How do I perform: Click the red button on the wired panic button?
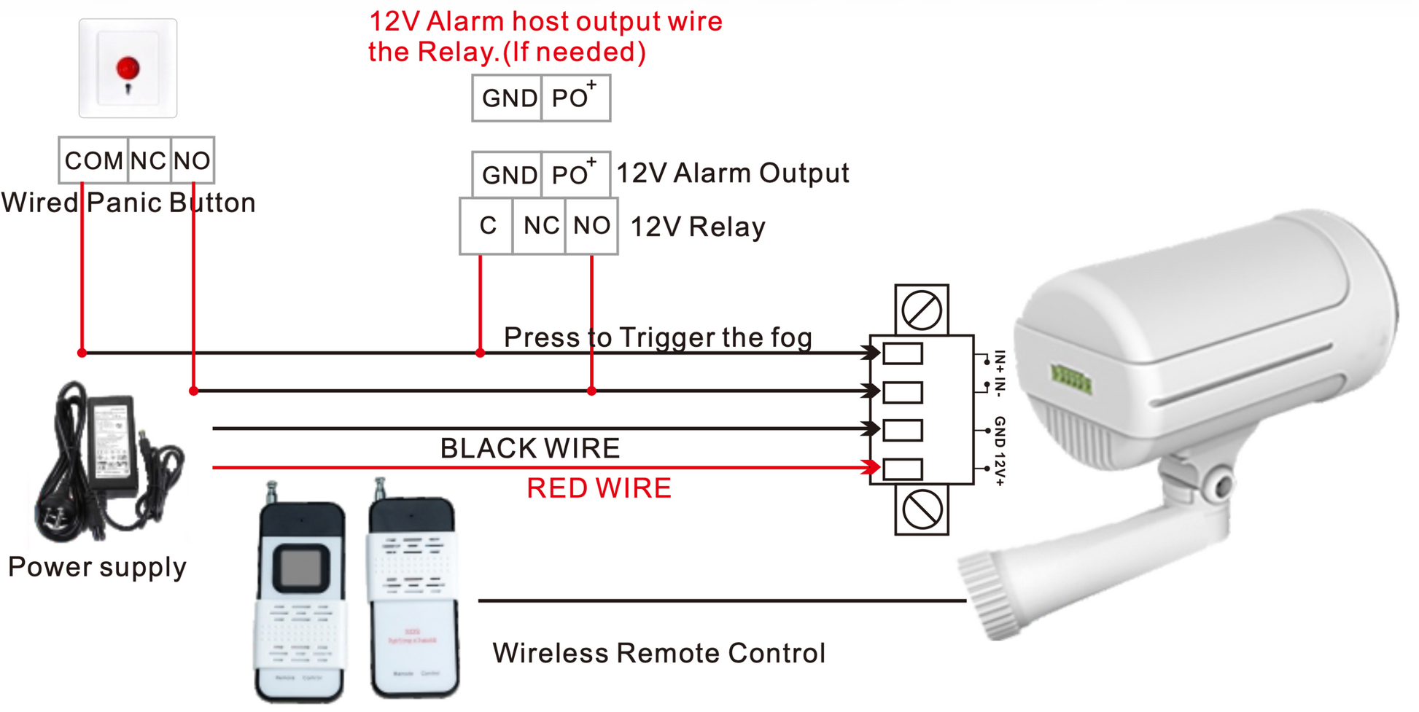(x=128, y=69)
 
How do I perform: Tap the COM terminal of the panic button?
(x=93, y=160)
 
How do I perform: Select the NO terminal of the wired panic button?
(x=193, y=160)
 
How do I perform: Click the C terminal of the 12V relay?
(x=487, y=226)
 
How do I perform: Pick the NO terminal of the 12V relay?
(x=591, y=226)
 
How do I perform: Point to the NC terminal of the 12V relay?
(x=540, y=226)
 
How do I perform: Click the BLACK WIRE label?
(x=529, y=448)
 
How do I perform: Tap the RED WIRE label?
(x=599, y=488)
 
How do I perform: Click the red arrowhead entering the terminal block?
(x=871, y=467)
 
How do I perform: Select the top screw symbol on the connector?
(x=922, y=310)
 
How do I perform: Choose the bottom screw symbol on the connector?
(x=922, y=510)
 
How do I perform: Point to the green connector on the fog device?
(x=1070, y=379)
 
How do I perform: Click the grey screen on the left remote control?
(x=300, y=566)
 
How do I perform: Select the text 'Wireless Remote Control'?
(x=658, y=653)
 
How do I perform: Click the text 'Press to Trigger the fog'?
(x=658, y=337)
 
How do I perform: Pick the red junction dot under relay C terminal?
(x=480, y=353)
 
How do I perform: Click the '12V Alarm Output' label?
(x=733, y=173)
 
